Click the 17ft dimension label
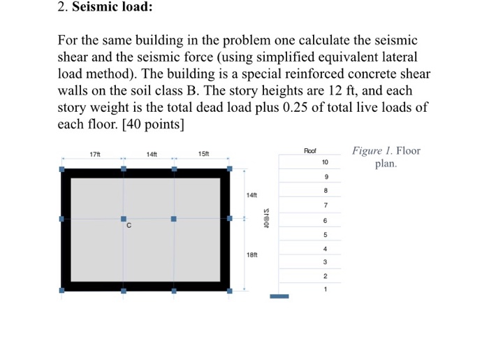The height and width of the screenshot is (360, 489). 96,154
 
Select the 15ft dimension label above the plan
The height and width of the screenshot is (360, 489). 203,154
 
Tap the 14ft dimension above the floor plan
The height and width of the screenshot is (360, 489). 152,154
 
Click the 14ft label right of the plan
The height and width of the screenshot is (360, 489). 252,194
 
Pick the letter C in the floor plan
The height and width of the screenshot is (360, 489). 129,226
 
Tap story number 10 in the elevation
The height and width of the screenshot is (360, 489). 325,162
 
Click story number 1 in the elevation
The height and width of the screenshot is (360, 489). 325,288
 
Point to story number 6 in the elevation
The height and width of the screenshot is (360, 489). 325,220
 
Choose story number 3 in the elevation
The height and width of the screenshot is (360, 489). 325,262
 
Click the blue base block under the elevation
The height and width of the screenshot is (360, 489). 279,296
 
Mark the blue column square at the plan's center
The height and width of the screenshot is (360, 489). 174,219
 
